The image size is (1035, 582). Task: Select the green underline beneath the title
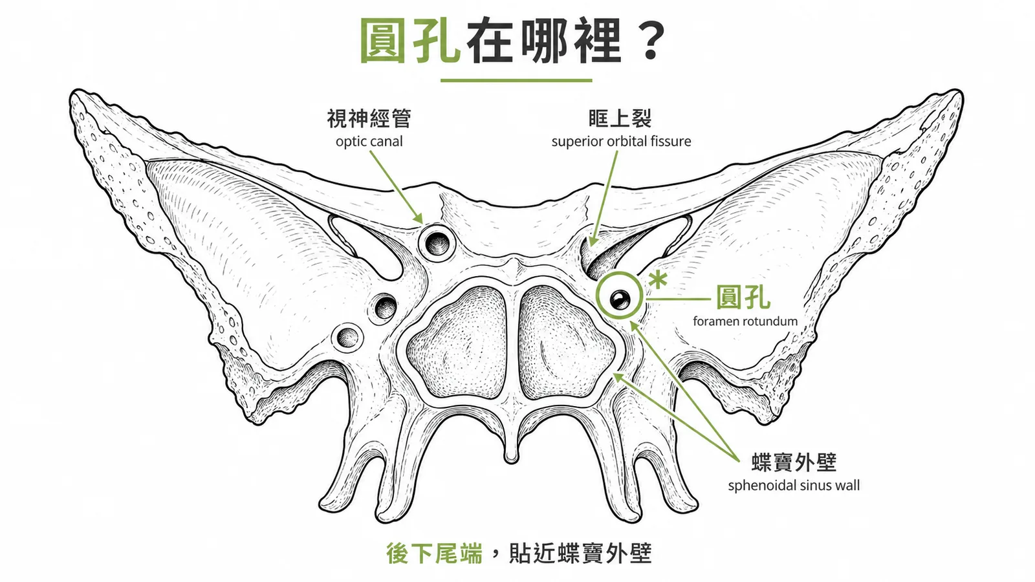(516, 80)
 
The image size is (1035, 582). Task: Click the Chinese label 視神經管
(369, 119)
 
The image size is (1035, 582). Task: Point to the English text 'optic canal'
(369, 142)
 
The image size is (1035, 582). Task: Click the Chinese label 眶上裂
(620, 119)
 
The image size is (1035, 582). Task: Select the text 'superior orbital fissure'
(621, 142)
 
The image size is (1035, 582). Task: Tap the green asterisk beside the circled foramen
(657, 280)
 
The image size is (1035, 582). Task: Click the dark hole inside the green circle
(619, 300)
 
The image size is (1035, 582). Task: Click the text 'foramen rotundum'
(745, 321)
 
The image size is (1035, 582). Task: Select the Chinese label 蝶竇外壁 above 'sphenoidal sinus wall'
(794, 462)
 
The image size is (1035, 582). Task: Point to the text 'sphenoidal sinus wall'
(794, 486)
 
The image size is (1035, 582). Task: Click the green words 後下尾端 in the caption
(434, 554)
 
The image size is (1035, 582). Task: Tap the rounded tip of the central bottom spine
(511, 458)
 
